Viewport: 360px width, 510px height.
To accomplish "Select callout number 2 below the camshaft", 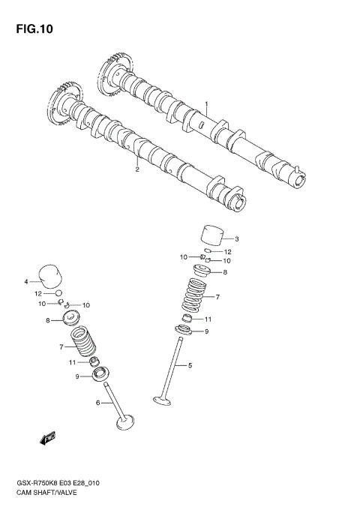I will (x=137, y=169).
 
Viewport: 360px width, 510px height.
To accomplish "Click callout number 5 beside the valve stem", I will (x=190, y=365).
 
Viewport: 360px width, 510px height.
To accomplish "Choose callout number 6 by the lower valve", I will (x=97, y=403).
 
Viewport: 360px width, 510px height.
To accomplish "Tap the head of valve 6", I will (x=125, y=422).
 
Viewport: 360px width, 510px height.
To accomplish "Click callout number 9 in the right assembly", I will (x=207, y=331).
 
